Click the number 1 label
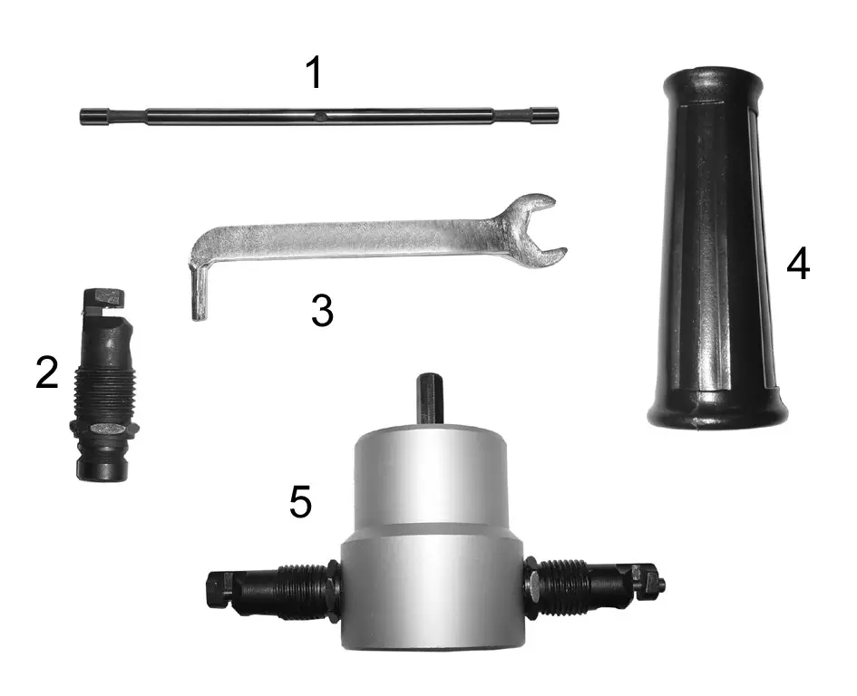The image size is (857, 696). (314, 72)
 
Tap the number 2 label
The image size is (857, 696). (47, 372)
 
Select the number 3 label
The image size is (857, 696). (322, 312)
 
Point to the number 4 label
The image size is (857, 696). (797, 265)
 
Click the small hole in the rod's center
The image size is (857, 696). (321, 115)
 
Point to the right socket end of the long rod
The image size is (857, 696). (546, 115)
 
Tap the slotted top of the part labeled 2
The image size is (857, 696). (102, 301)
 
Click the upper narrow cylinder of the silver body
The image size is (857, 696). (427, 475)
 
